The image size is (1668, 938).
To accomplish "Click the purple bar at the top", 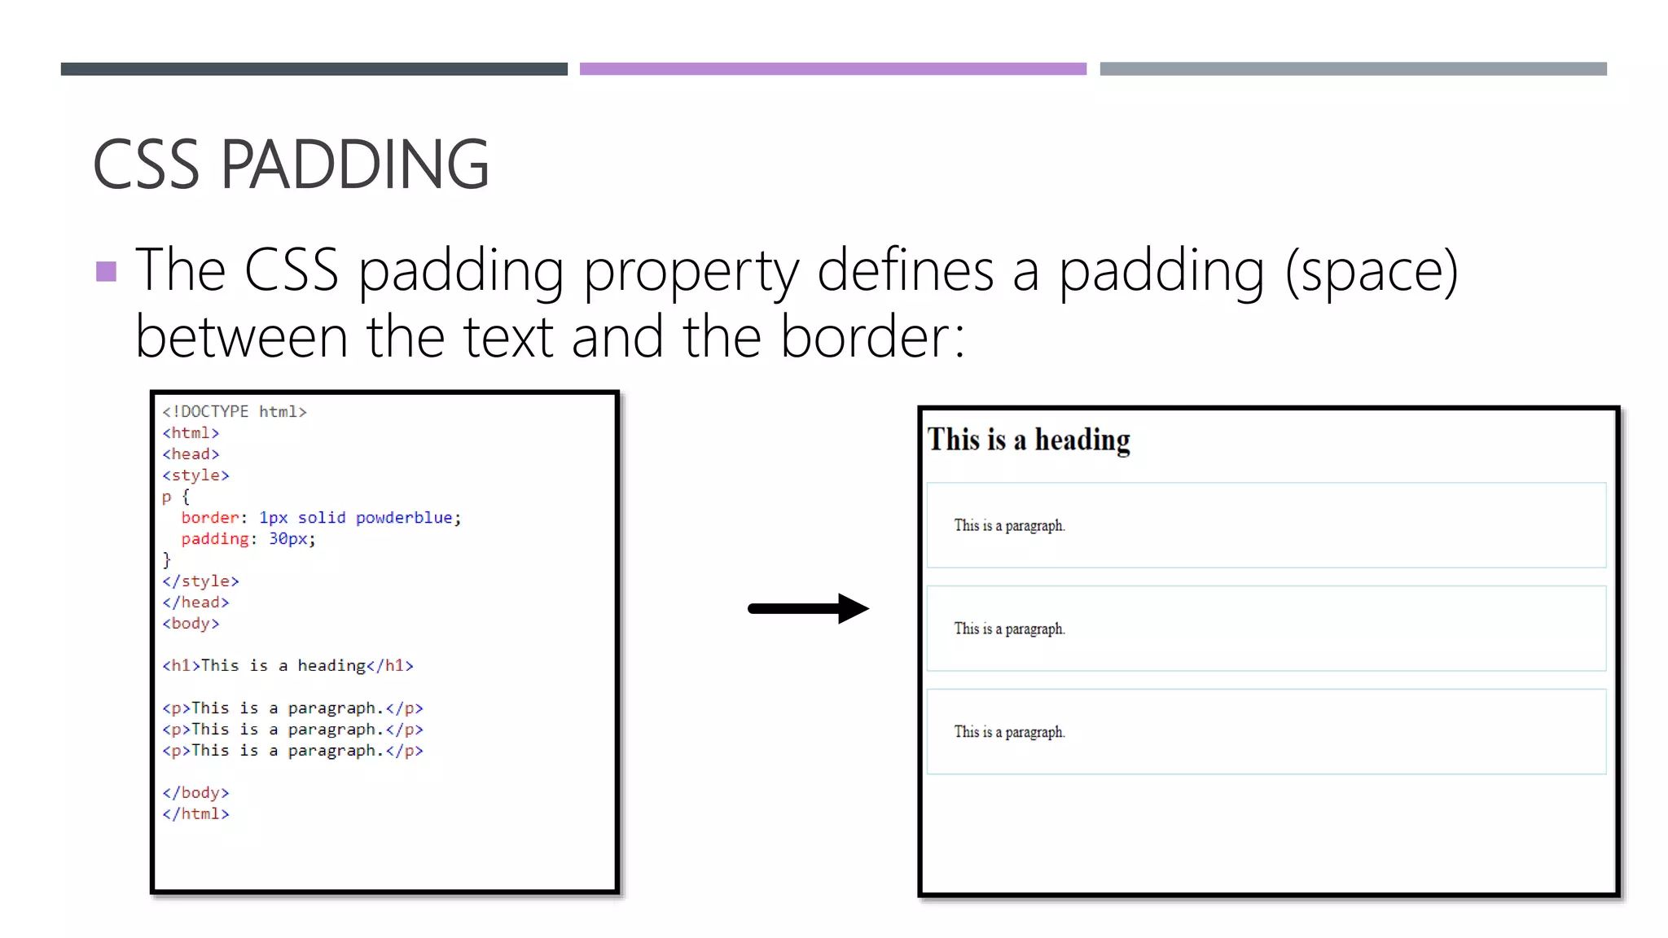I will (x=832, y=69).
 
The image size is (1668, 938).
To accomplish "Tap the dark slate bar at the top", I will (x=314, y=69).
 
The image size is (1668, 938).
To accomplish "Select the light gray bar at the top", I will (x=1353, y=69).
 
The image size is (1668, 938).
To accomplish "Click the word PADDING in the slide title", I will (x=354, y=164).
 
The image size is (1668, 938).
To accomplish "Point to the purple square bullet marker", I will (x=106, y=271).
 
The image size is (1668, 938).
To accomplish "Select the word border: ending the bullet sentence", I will (x=872, y=337).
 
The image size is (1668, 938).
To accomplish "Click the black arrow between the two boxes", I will (x=808, y=608).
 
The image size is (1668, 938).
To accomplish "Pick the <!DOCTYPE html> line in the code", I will (x=235, y=412).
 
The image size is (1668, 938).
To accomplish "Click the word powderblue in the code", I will (x=404, y=518).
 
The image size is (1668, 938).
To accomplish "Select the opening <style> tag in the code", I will (x=195, y=476).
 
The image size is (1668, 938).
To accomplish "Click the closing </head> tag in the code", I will (x=195, y=603).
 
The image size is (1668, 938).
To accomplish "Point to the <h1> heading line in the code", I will (x=288, y=666).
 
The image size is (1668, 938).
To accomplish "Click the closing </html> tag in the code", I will (x=195, y=814).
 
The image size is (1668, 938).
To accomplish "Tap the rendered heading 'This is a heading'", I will (x=1029, y=441).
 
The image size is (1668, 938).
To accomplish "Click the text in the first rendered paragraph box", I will (x=1009, y=526).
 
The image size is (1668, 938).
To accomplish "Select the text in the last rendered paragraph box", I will (x=1009, y=732).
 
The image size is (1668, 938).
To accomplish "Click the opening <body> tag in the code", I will (x=191, y=624).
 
